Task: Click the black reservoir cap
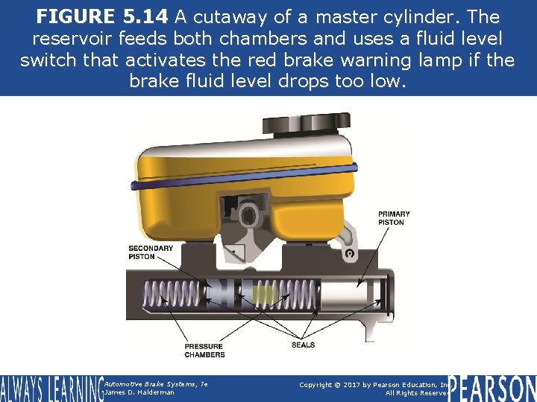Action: (x=307, y=124)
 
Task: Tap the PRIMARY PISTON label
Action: (x=394, y=218)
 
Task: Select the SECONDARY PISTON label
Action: (x=151, y=252)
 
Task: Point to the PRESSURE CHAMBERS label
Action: (x=204, y=351)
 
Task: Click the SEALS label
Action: (x=303, y=345)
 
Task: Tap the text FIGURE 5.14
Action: (x=102, y=16)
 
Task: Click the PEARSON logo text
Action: (x=492, y=389)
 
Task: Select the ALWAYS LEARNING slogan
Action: (x=52, y=389)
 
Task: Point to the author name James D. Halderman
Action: (x=139, y=392)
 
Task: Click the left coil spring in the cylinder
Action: (x=172, y=293)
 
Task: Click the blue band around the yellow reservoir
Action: (x=244, y=176)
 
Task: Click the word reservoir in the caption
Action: (x=72, y=38)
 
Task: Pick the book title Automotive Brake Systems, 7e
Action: (x=156, y=384)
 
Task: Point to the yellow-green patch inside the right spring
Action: (x=264, y=293)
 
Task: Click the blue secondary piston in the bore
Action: (x=220, y=293)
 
